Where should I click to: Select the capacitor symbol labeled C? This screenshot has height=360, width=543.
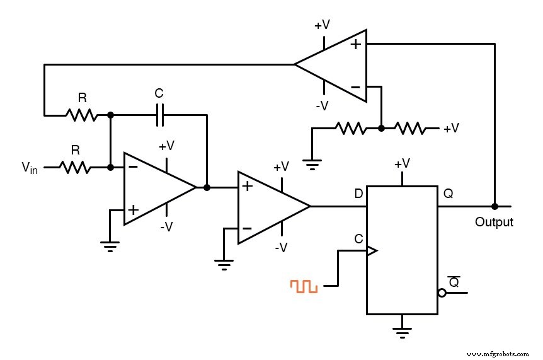point(159,114)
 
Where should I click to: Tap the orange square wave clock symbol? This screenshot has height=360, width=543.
point(304,286)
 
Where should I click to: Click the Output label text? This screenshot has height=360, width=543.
point(494,222)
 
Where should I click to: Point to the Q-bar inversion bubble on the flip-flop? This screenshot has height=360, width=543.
point(442,293)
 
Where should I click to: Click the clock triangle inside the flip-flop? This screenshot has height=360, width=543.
point(372,250)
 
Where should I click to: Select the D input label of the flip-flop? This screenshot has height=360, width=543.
point(358,194)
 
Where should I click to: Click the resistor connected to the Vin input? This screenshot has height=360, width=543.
point(76,167)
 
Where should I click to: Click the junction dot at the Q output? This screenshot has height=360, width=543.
point(494,206)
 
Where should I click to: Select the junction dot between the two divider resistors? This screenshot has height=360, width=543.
point(381,128)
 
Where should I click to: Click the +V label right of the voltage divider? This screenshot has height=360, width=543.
point(451,129)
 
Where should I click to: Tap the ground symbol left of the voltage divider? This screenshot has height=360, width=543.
point(311,166)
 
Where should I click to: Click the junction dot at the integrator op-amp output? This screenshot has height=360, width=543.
point(207,187)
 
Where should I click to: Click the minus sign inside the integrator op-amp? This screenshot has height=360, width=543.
point(133,166)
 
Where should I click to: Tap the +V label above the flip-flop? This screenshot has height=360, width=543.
point(402,164)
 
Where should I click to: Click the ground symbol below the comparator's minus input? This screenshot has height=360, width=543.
point(223,264)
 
